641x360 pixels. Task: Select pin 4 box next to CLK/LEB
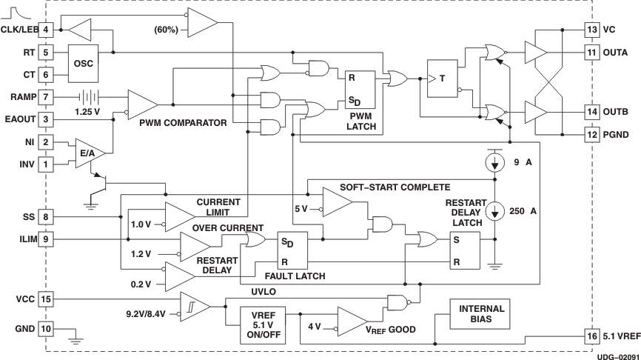pyautogui.click(x=46, y=30)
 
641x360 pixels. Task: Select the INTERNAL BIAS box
pyautogui.click(x=481, y=314)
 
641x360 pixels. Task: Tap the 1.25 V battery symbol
pyautogui.click(x=88, y=97)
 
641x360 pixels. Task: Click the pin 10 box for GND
pyautogui.click(x=46, y=328)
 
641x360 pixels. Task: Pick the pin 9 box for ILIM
pyautogui.click(x=46, y=239)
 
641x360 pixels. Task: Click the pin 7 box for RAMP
pyautogui.click(x=46, y=97)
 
